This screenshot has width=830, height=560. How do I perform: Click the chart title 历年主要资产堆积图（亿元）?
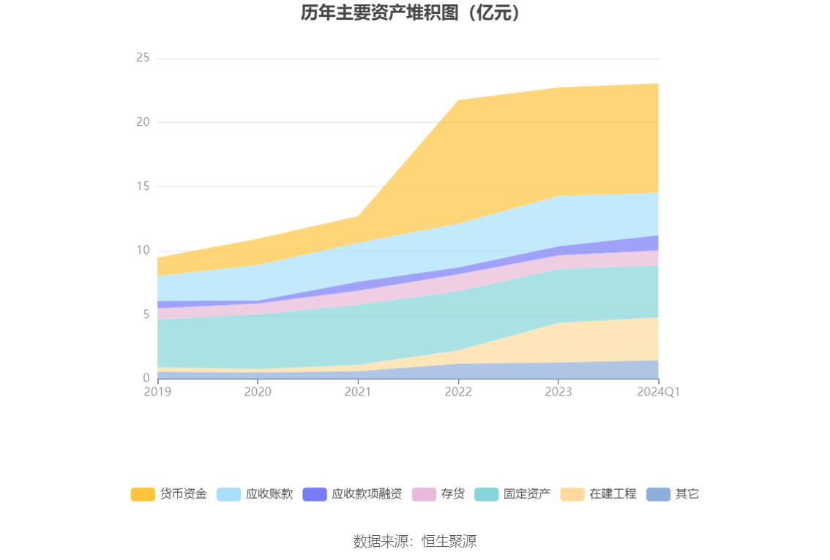pyautogui.click(x=414, y=13)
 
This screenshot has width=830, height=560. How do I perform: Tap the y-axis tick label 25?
pyautogui.click(x=143, y=58)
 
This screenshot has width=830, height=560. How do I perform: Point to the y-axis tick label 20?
pyautogui.click(x=143, y=122)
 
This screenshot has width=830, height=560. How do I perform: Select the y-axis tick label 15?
pyautogui.click(x=143, y=186)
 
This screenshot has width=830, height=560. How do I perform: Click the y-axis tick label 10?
pyautogui.click(x=143, y=250)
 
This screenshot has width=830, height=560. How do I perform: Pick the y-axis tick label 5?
pyautogui.click(x=146, y=314)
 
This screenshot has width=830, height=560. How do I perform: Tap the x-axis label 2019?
pyautogui.click(x=157, y=392)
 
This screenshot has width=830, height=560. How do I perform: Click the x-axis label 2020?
pyautogui.click(x=258, y=392)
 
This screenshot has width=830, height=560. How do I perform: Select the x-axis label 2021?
pyautogui.click(x=358, y=392)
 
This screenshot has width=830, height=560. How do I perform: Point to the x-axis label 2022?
pyautogui.click(x=458, y=392)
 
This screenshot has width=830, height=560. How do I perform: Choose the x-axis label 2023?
pyautogui.click(x=558, y=392)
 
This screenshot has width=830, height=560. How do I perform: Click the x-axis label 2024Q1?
pyautogui.click(x=658, y=392)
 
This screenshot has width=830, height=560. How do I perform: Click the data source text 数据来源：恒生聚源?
pyautogui.click(x=414, y=542)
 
